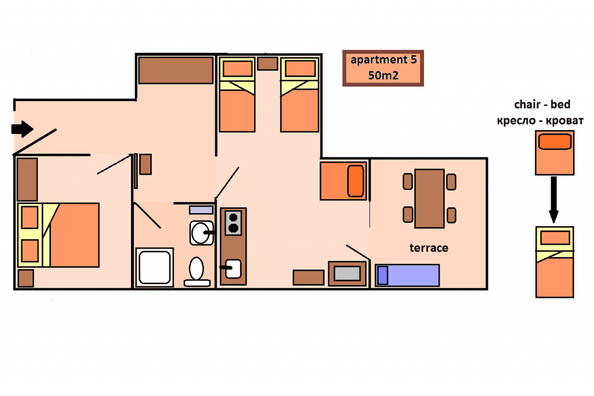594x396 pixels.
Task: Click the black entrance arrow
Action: coord(22,129)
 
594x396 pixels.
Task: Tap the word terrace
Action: coord(429,248)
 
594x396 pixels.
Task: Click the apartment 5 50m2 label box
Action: coord(383,69)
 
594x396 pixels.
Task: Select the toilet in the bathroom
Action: coord(197,272)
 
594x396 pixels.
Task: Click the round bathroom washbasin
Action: coord(201,232)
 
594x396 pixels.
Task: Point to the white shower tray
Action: coord(154,267)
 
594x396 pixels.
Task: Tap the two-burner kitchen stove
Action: coord(233,223)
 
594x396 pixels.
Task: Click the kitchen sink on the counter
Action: coord(232,269)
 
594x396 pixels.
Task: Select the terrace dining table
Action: coord(429,199)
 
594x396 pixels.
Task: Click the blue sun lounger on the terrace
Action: coord(408,275)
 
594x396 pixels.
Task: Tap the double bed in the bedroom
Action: coord(59,235)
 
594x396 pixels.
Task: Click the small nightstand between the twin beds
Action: coord(267,63)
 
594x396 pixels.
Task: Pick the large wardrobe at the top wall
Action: coord(176,70)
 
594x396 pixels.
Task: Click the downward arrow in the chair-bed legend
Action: coord(553,200)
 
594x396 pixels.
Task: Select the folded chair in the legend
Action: coord(555,153)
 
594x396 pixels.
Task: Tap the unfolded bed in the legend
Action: coord(555,262)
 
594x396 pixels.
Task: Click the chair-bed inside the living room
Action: coord(343,181)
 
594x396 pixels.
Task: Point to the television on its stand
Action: coord(347,273)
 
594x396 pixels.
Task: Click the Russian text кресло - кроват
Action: coord(540,121)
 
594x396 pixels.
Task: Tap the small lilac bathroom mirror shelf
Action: coord(201,210)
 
